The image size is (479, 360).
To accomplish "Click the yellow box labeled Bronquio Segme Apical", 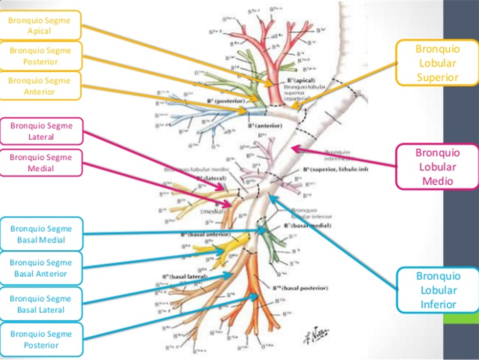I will click(x=39, y=26).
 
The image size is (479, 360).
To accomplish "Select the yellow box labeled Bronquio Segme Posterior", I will click(x=39, y=56).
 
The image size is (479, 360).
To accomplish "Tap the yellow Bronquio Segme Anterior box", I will click(x=39, y=86).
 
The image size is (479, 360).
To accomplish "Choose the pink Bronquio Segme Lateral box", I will click(x=41, y=131).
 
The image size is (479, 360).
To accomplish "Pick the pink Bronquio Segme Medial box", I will click(x=41, y=163).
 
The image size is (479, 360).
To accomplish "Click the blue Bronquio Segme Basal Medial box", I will click(x=41, y=234).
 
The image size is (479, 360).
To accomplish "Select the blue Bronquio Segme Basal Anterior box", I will click(x=41, y=268).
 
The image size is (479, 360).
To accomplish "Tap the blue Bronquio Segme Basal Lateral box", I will click(x=41, y=304).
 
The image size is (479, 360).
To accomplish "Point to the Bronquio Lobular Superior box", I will click(x=437, y=63).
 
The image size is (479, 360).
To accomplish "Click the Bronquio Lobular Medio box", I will click(x=437, y=167).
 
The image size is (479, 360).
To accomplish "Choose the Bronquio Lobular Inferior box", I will click(x=437, y=290).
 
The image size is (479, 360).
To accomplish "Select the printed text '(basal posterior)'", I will click(x=305, y=288).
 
